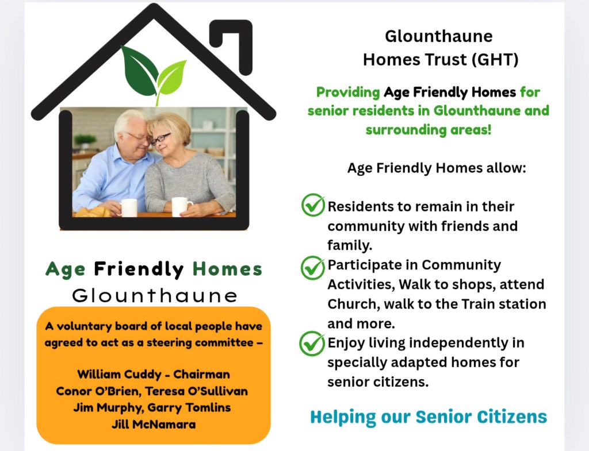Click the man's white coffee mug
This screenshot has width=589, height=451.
tap(128, 207)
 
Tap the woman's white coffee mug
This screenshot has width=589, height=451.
tap(182, 207)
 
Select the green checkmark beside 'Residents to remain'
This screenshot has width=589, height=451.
tap(313, 205)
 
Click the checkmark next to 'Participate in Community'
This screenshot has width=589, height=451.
tap(312, 268)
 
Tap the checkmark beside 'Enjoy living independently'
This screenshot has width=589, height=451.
tap(312, 344)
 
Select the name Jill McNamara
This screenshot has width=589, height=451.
tap(154, 425)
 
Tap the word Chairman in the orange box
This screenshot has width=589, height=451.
tap(202, 375)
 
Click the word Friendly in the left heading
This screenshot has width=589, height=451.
tap(139, 269)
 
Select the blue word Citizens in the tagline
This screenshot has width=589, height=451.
tap(511, 417)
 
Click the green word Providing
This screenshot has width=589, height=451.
tap(348, 92)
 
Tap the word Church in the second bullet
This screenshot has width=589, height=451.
tap(354, 304)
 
